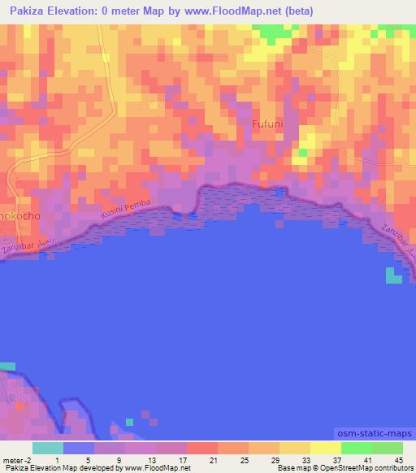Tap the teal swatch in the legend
(47, 448)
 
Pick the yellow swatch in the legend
(325, 448)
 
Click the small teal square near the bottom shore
(129, 422)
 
